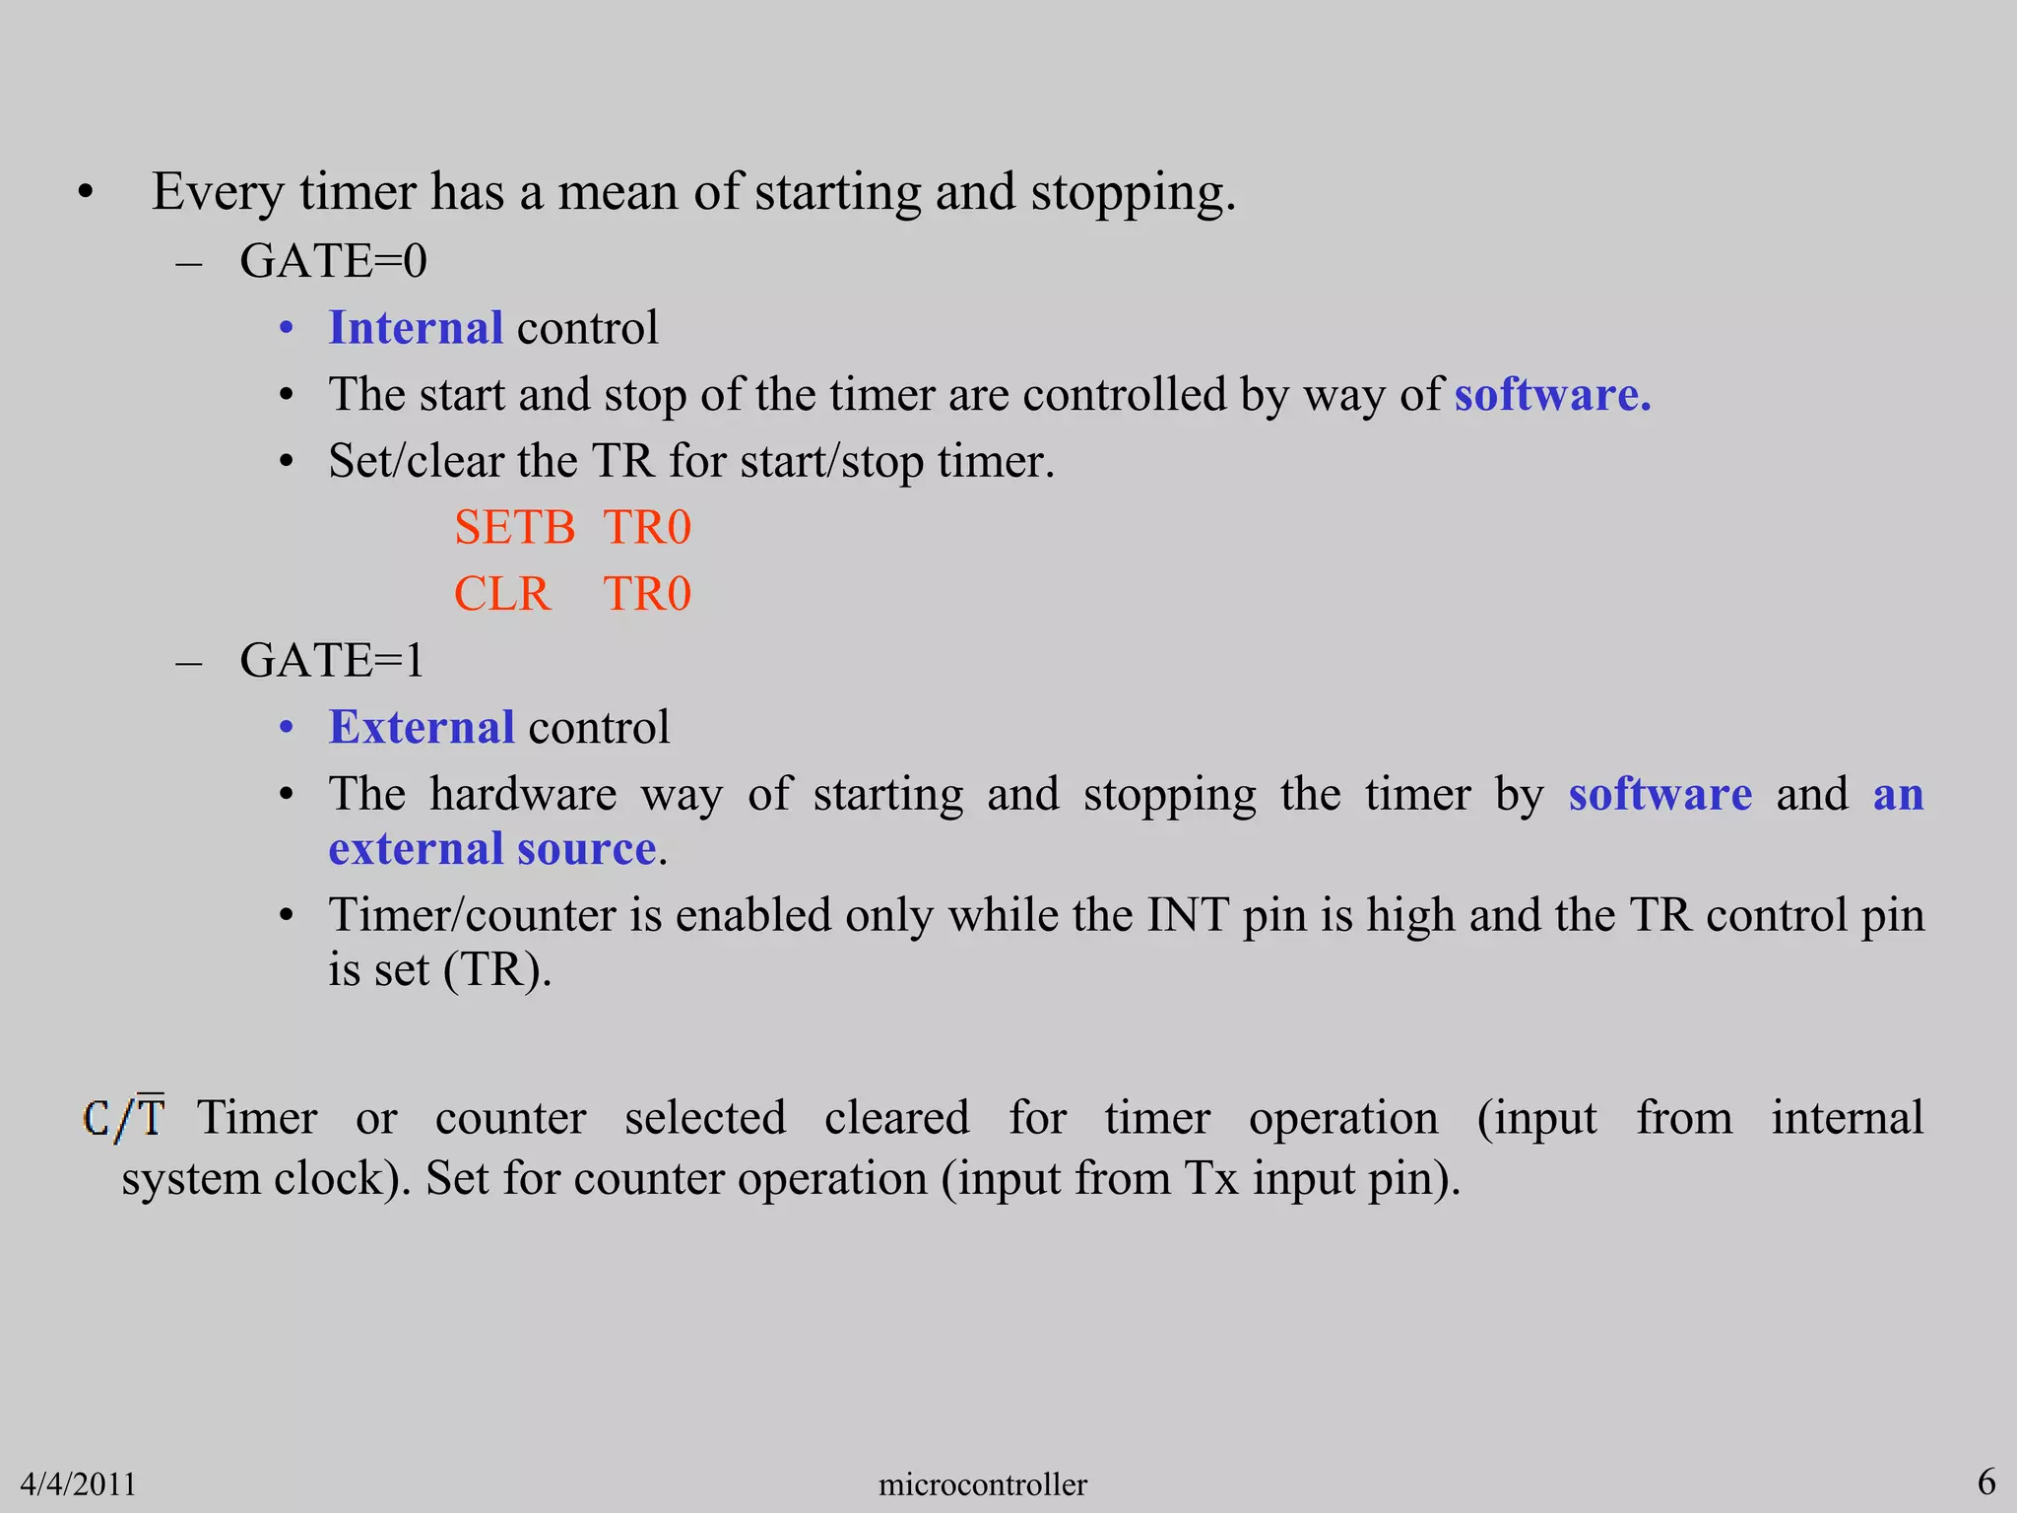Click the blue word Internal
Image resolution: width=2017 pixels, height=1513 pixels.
coord(416,328)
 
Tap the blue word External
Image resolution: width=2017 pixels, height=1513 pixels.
coord(422,728)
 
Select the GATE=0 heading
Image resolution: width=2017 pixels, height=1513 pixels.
coord(333,262)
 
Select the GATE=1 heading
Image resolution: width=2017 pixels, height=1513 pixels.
coord(332,661)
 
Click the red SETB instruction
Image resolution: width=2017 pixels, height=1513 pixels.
coord(514,528)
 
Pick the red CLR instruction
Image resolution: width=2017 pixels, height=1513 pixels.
coord(501,594)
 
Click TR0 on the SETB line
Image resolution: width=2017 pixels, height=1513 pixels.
coord(647,528)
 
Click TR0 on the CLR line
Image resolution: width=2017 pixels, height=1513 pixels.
coord(647,594)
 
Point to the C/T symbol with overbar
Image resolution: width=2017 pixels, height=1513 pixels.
coord(124,1118)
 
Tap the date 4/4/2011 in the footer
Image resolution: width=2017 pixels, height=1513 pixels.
coord(78,1483)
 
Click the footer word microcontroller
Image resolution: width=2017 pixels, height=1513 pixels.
coord(982,1483)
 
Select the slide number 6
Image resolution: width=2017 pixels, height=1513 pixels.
coord(1986,1481)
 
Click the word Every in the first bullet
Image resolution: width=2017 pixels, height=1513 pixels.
coord(218,192)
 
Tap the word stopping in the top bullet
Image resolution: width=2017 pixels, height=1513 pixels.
coord(1133,192)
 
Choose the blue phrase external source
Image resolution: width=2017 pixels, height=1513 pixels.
coord(492,849)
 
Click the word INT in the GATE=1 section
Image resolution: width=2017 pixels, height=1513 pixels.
coord(1187,915)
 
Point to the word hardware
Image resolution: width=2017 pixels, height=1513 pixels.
coord(523,794)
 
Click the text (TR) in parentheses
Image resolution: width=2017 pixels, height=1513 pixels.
coord(496,970)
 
